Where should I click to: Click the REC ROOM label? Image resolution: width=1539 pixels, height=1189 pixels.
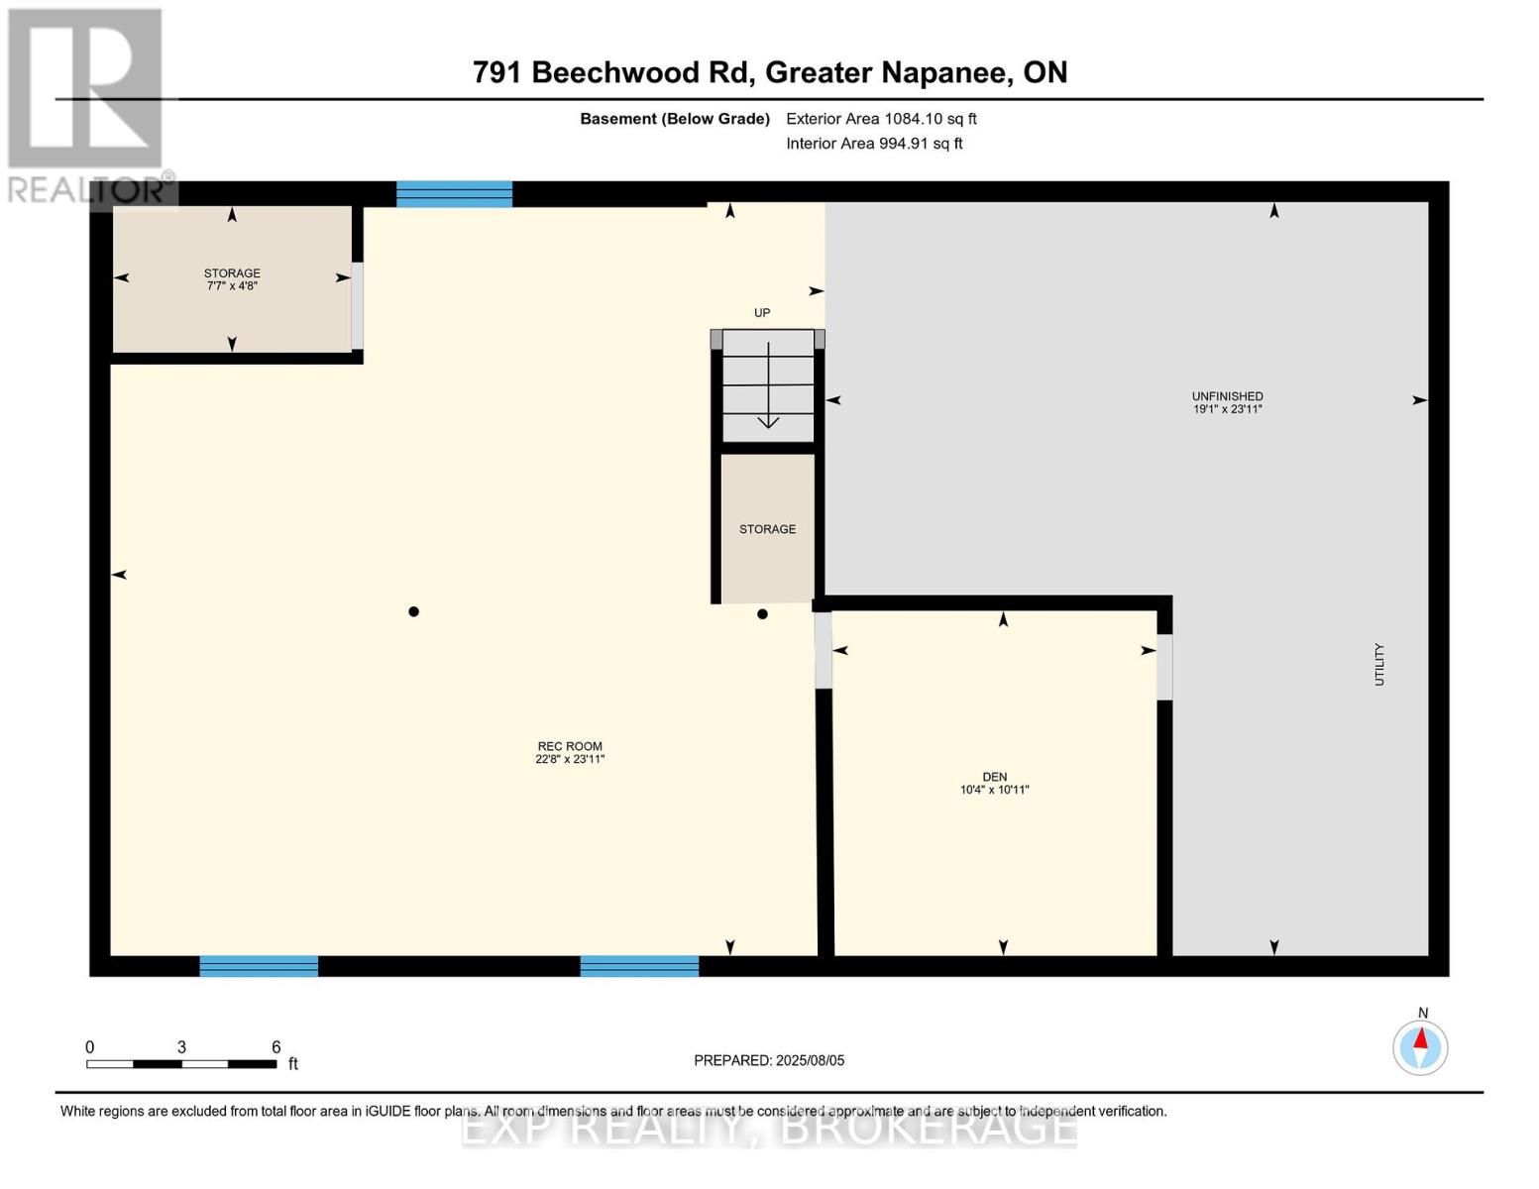coord(570,752)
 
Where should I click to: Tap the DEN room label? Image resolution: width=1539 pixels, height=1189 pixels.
coord(994,783)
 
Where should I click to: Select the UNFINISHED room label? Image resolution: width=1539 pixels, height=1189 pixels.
coord(1227,402)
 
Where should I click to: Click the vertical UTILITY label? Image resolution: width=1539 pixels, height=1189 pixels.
coord(1378,664)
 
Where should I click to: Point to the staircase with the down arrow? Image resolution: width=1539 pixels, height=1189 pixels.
coord(768,385)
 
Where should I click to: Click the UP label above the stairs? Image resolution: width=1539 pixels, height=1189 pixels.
coord(762,313)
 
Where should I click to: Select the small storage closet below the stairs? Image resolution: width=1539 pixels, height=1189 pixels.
coord(768,529)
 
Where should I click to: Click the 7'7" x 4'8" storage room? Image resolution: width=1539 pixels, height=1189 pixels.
coord(232,279)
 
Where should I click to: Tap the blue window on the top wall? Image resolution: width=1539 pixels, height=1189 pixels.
coord(454,194)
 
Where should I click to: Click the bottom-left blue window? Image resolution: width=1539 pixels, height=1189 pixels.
coord(259,966)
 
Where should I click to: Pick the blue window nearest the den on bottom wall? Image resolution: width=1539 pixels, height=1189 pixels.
coord(639,966)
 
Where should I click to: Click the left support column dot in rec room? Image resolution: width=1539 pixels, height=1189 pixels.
coord(414,611)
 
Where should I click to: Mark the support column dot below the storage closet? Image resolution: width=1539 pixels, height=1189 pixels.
coord(762,614)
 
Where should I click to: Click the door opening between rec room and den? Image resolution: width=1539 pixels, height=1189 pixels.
coord(824,651)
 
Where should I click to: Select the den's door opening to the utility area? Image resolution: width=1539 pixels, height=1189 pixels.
coord(1164,667)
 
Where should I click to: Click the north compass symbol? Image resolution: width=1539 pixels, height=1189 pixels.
coord(1420,1046)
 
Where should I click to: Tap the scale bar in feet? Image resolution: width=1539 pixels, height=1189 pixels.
coord(181,1063)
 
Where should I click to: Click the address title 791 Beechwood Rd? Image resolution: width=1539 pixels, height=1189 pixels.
coord(769,72)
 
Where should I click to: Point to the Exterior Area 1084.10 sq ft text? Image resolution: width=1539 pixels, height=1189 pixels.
coord(881,119)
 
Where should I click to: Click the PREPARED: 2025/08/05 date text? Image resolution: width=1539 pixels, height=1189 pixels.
coord(769,1060)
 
